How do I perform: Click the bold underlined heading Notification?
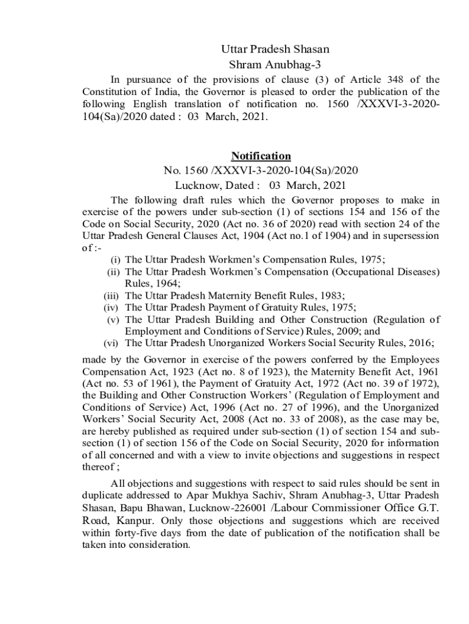coord(261,156)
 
